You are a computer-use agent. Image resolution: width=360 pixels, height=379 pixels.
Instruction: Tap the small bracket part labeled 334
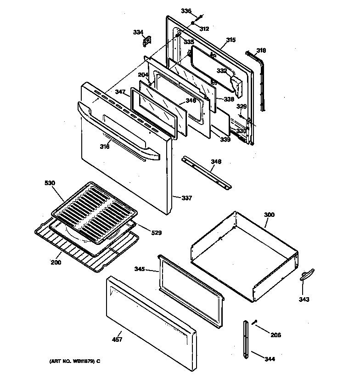pos(146,42)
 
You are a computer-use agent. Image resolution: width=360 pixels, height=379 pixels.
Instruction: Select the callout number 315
pos(230,40)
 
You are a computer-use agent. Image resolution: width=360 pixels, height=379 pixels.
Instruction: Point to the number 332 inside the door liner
pos(221,71)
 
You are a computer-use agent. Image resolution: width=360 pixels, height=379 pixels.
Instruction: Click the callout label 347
pos(120,92)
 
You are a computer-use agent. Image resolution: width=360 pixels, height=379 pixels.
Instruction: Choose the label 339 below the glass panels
pos(225,140)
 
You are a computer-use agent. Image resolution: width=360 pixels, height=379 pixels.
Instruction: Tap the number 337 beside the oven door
pos(186,198)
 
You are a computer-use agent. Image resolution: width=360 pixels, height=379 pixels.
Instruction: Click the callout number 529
pos(157,233)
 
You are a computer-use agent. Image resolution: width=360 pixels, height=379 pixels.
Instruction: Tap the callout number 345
pos(140,269)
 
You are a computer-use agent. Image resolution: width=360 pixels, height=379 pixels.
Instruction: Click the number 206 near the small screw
pos(275,335)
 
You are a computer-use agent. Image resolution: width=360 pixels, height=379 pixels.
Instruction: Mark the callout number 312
pos(204,28)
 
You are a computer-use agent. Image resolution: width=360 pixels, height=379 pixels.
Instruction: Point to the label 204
pos(144,75)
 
